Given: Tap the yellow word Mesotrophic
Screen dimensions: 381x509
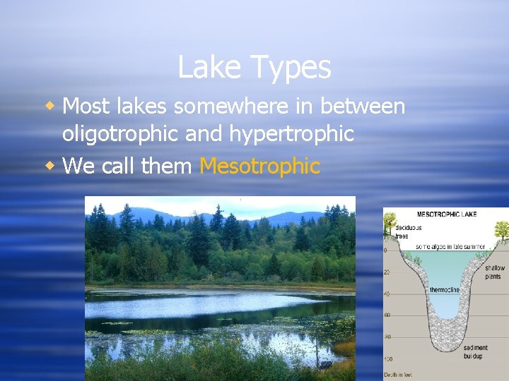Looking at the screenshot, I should click(x=259, y=167).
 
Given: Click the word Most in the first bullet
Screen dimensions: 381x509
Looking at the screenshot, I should click(x=84, y=107).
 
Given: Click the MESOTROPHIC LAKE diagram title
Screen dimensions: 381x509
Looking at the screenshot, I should click(x=446, y=213).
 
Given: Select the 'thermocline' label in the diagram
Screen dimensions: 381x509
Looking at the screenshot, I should click(x=445, y=290).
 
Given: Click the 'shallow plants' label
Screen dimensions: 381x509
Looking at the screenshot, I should click(x=495, y=272).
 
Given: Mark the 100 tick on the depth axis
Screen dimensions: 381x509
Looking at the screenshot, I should click(x=387, y=360).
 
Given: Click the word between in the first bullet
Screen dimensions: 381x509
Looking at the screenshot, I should click(x=363, y=107).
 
